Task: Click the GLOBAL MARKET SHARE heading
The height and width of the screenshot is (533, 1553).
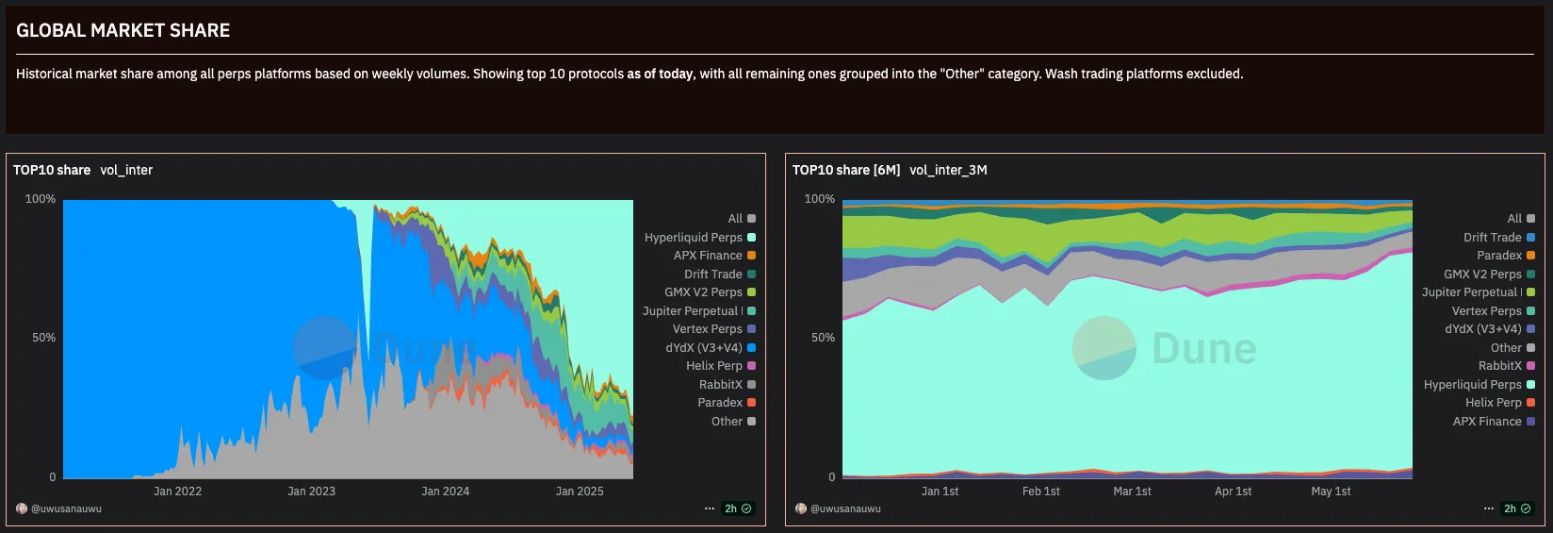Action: tap(123, 30)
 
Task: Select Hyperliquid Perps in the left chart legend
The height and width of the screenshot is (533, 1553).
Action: tap(694, 238)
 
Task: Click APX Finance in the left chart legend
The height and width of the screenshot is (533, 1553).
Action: tap(708, 256)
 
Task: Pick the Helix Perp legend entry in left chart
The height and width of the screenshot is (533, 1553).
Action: tap(714, 366)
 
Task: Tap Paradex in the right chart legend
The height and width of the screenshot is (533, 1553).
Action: tap(1499, 256)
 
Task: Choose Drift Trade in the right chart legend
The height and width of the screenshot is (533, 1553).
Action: tap(1493, 238)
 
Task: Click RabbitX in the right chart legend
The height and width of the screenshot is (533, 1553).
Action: tap(1500, 366)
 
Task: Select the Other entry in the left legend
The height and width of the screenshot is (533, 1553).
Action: tap(727, 422)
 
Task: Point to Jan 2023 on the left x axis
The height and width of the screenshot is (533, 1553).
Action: tap(311, 491)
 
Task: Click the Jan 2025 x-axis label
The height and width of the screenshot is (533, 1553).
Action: tap(580, 491)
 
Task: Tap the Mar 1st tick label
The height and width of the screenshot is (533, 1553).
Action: tap(1132, 491)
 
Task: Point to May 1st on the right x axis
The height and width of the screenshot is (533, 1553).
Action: tap(1331, 491)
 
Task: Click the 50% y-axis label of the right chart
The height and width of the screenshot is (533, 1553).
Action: tap(823, 338)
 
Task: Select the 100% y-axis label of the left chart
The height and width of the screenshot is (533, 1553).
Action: tap(41, 199)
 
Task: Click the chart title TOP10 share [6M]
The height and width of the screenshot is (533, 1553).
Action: tap(846, 170)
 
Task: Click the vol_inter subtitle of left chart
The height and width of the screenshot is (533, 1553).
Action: tap(126, 170)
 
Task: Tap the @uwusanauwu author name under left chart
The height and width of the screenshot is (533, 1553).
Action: tap(66, 508)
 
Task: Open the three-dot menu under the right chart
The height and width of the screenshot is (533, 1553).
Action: tap(1489, 508)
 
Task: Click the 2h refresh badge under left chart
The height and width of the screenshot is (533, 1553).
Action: tap(737, 508)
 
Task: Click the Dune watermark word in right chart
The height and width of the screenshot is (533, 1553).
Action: tap(1204, 349)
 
